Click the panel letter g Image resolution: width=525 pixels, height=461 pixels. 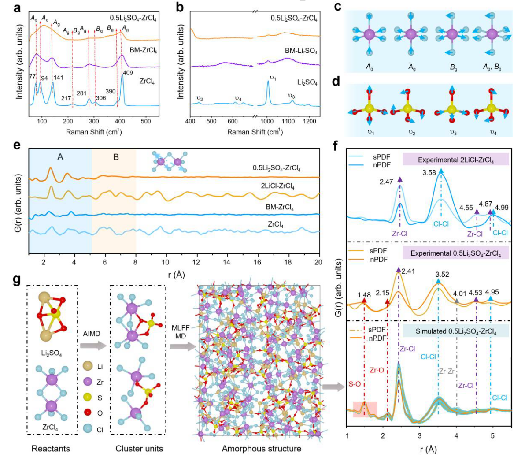[17, 280]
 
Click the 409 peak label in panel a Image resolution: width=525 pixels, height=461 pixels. [128, 73]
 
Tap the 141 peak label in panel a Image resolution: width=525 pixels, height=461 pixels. [58, 78]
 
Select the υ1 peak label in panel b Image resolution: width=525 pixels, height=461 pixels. [273, 78]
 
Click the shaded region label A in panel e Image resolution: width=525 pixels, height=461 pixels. [60, 156]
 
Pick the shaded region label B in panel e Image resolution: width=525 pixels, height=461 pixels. [116, 156]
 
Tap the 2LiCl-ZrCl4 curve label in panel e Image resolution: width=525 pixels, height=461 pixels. [277, 186]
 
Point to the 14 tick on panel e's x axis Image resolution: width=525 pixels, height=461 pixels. [226, 262]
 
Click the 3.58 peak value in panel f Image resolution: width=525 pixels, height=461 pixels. [429, 172]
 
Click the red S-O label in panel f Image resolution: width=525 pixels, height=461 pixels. [355, 384]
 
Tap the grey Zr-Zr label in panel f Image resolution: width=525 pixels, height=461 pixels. [447, 372]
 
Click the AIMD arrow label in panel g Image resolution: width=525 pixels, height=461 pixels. [92, 334]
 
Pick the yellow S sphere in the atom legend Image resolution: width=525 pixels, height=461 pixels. [88, 398]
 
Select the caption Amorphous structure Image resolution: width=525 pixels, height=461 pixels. [261, 449]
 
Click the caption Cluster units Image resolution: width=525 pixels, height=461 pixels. [139, 449]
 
